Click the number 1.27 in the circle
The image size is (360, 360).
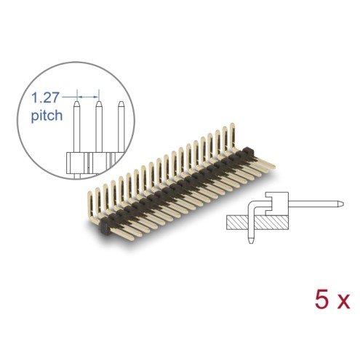point(45,97)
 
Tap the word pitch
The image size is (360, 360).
point(47,115)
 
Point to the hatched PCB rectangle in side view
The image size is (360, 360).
point(257,223)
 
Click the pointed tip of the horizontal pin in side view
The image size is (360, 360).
point(342,204)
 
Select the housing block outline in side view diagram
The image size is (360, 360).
point(277,204)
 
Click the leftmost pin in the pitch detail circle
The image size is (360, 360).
point(77,127)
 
